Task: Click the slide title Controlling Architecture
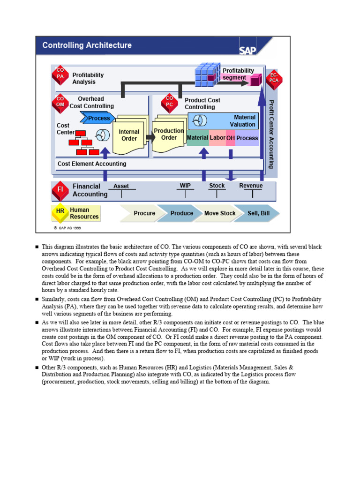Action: point(87,45)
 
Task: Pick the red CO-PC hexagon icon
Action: point(169,102)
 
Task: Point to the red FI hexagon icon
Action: point(60,190)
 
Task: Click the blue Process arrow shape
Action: point(97,118)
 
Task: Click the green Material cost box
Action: point(197,138)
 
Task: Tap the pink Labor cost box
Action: point(217,138)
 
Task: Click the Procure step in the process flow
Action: point(143,213)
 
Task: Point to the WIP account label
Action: point(185,186)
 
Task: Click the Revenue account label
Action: point(251,186)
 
